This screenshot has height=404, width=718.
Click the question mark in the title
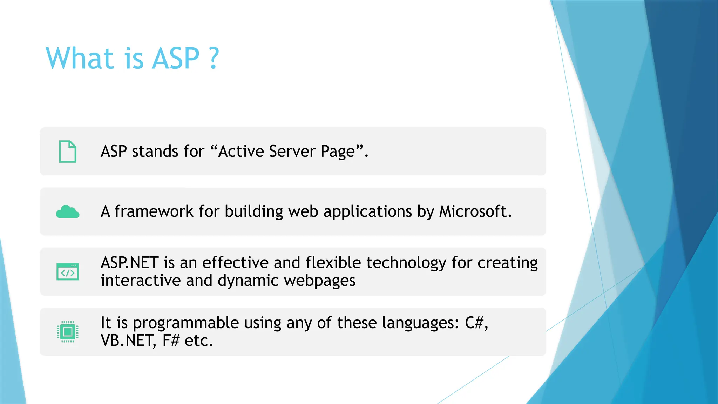tap(214, 58)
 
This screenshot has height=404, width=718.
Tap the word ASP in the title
tap(176, 58)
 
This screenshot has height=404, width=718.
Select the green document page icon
tap(68, 151)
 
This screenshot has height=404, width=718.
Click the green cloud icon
tap(68, 212)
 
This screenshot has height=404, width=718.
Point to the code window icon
tap(68, 272)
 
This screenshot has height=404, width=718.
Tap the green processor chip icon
tap(68, 332)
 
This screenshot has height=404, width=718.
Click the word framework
tap(154, 211)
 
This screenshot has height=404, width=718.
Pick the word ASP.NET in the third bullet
tap(129, 263)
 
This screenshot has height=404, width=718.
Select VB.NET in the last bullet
tap(128, 341)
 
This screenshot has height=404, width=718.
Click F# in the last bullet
tap(171, 341)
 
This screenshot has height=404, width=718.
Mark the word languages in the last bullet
tap(420, 323)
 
